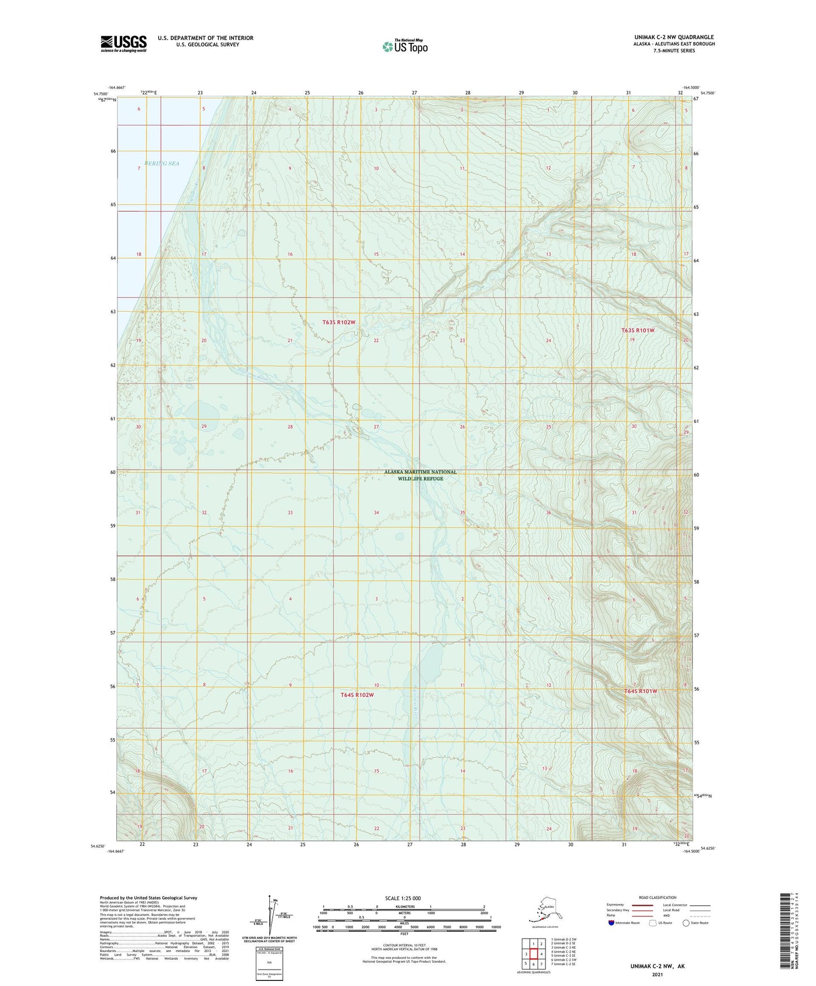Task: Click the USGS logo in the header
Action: pos(124,43)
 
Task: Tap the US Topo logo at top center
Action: pos(404,46)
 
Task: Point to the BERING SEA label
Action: pos(162,163)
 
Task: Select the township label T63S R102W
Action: pos(339,322)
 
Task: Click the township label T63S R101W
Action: pos(638,330)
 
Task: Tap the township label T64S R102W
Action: pos(357,695)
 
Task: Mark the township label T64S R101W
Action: pos(640,691)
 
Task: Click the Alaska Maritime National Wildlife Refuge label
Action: pos(420,475)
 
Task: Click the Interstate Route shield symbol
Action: pos(612,923)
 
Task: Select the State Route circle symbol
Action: pos(686,923)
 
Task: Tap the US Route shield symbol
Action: pos(653,923)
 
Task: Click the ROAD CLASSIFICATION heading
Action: pos(657,897)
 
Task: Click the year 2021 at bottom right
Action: pos(657,975)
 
